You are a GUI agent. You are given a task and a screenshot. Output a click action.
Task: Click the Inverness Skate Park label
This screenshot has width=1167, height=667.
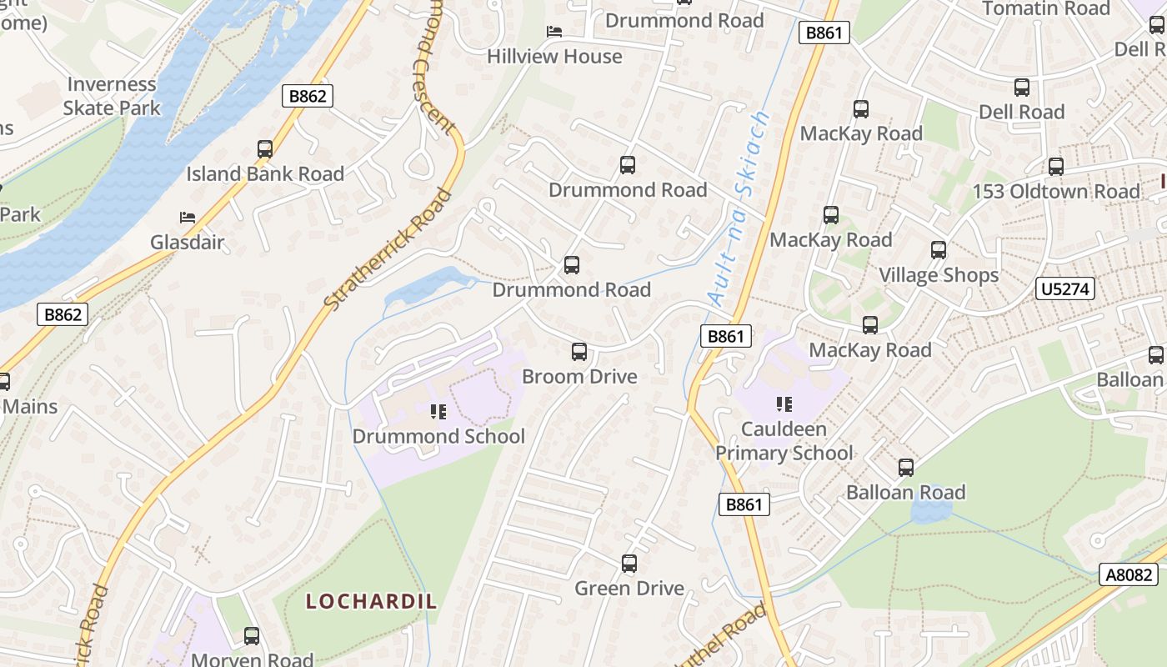tap(111, 96)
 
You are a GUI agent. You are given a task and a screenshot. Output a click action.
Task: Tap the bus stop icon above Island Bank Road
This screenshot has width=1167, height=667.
tap(265, 149)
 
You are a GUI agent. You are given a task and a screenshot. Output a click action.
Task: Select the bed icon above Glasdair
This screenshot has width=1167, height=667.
tap(188, 218)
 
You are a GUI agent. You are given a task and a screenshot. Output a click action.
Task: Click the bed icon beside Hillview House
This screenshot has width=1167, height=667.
tap(554, 32)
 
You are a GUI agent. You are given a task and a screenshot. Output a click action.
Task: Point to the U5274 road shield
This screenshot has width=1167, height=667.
tap(1064, 289)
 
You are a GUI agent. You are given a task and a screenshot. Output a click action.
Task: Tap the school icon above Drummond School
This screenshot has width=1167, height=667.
tap(438, 411)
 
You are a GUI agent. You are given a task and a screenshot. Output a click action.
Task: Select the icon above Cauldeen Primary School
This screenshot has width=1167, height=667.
tap(784, 404)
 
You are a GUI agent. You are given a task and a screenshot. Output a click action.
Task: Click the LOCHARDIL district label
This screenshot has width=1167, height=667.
tap(371, 601)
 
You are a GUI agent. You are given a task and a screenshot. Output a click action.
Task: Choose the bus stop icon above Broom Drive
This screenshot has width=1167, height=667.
tap(579, 352)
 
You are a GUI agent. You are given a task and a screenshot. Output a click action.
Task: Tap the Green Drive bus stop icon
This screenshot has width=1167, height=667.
tap(629, 564)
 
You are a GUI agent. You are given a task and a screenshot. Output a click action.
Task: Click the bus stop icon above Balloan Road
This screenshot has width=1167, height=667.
tap(906, 468)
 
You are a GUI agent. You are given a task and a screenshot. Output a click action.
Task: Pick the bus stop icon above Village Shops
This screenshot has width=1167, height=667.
tap(939, 250)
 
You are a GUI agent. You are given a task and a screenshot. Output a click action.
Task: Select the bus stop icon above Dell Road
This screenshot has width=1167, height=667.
tap(1022, 88)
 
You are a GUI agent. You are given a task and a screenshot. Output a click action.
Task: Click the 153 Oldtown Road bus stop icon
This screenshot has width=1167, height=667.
tap(1056, 167)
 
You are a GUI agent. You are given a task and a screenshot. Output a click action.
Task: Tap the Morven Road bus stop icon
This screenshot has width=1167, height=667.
tap(252, 636)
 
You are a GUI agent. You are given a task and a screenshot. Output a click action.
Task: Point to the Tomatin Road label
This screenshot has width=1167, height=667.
tap(1046, 9)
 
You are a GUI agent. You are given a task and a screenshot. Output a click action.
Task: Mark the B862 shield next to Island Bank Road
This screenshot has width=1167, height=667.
tap(308, 96)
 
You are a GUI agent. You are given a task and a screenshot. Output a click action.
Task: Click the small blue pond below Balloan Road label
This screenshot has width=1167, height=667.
tap(926, 510)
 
